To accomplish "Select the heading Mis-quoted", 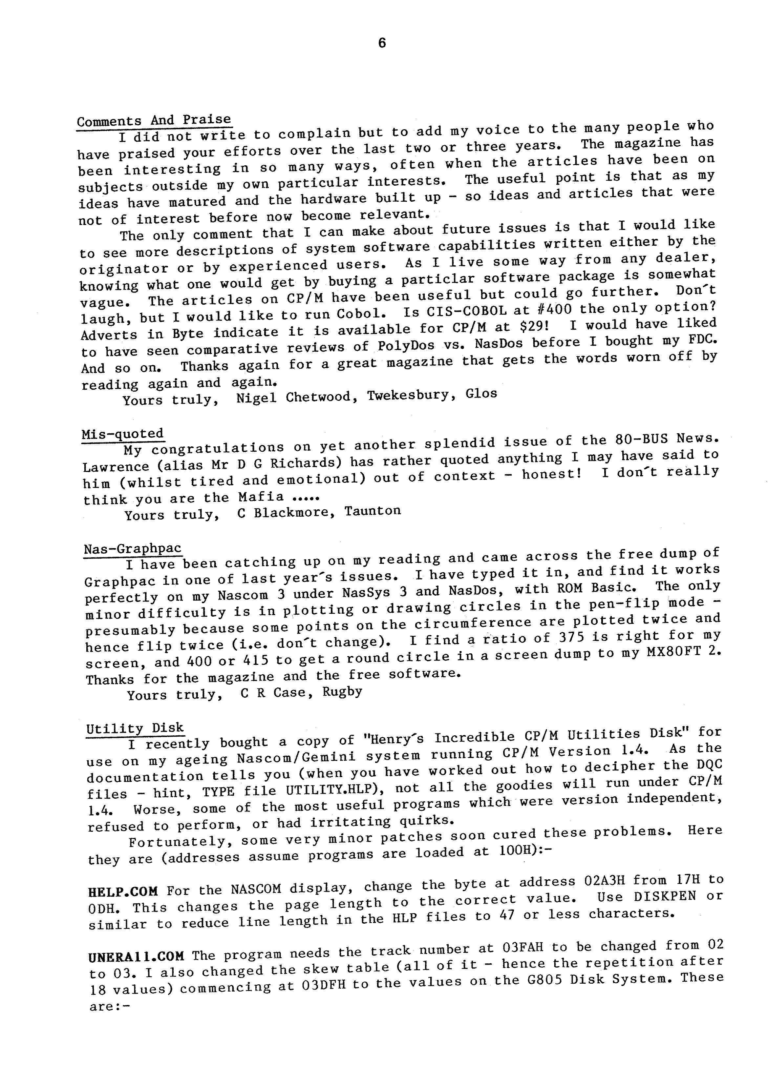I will click(122, 434).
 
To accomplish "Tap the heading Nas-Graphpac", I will click(132, 549).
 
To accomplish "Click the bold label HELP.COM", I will click(123, 892).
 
